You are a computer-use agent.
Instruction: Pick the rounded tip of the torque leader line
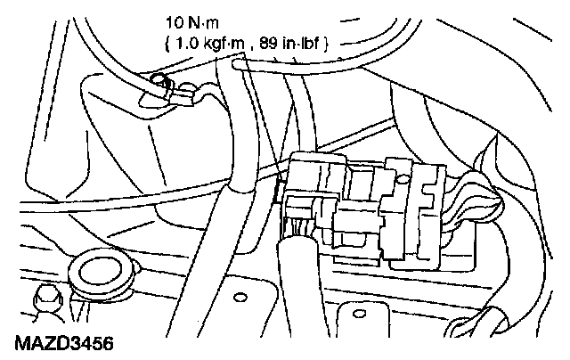(x=238, y=62)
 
